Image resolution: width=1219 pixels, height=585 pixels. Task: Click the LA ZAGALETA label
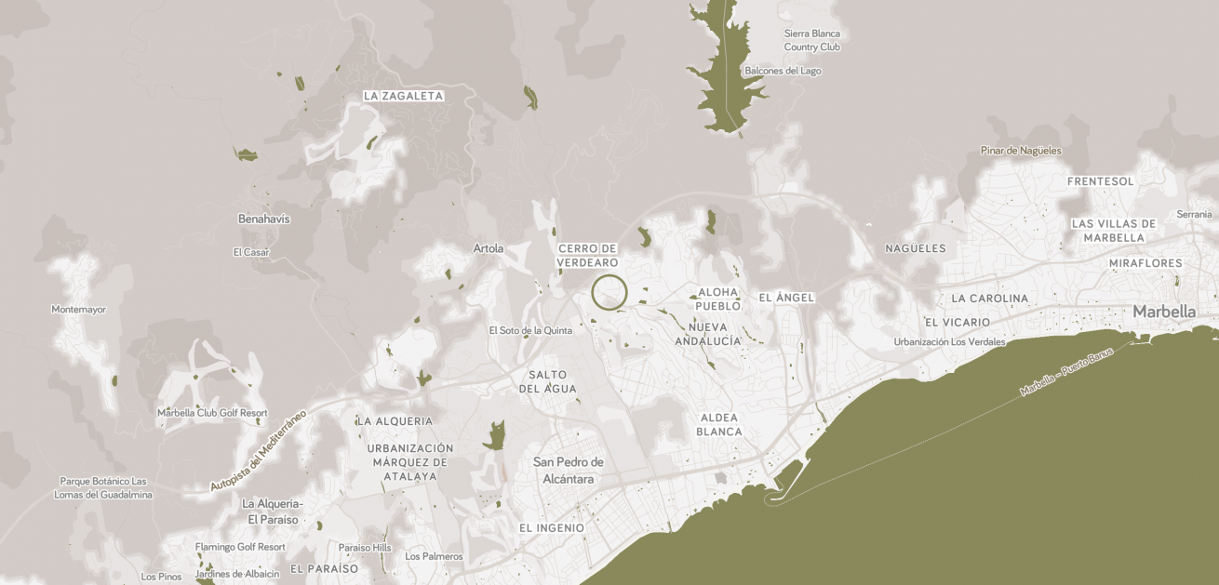click(403, 96)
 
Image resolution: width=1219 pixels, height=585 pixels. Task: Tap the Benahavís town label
click(264, 219)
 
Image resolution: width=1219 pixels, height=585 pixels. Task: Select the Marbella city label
click(1164, 312)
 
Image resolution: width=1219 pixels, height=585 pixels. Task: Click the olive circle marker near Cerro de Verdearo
click(609, 292)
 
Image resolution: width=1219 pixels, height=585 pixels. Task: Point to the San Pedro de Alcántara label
click(568, 471)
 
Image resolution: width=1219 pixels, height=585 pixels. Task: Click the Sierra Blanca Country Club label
click(811, 40)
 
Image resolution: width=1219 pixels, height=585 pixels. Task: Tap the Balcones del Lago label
click(783, 71)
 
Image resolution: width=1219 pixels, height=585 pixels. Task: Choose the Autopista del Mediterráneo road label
click(258, 451)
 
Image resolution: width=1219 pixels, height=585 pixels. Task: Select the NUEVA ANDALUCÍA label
click(715, 334)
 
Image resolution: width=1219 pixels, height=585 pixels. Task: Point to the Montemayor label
click(78, 310)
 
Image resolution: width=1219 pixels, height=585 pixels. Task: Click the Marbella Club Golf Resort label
click(212, 413)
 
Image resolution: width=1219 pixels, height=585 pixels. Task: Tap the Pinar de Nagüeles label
click(1020, 151)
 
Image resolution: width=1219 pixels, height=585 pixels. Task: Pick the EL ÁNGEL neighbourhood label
click(786, 298)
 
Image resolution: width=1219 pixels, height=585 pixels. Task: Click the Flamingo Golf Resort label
click(240, 547)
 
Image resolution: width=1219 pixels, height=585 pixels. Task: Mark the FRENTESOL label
click(1101, 181)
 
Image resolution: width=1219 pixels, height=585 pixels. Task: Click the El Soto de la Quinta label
click(530, 330)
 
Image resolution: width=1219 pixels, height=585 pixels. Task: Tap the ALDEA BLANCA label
click(719, 424)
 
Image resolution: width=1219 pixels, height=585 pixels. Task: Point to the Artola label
click(488, 248)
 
